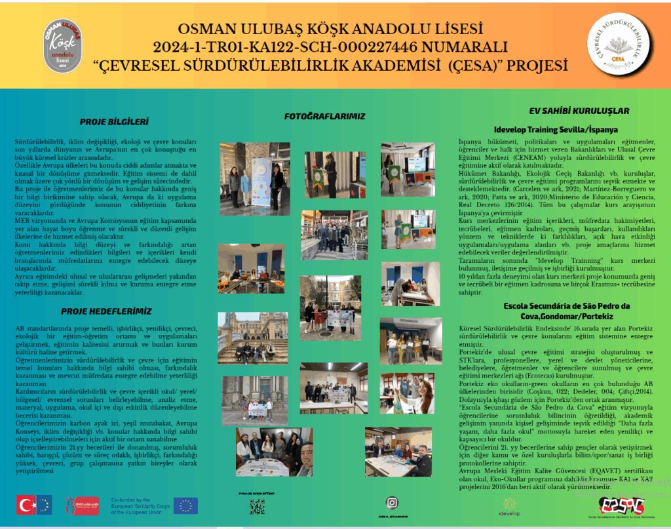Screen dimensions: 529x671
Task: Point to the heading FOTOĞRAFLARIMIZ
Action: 324,116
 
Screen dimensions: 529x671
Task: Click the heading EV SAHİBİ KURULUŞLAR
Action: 579,111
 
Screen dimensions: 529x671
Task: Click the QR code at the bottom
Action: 257,507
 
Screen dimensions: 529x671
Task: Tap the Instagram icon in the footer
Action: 392,502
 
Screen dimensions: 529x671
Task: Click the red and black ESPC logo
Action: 621,505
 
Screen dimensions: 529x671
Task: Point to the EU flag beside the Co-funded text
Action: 185,505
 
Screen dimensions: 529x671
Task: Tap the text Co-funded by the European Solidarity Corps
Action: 140,505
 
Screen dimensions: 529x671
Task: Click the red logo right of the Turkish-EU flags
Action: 81,505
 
